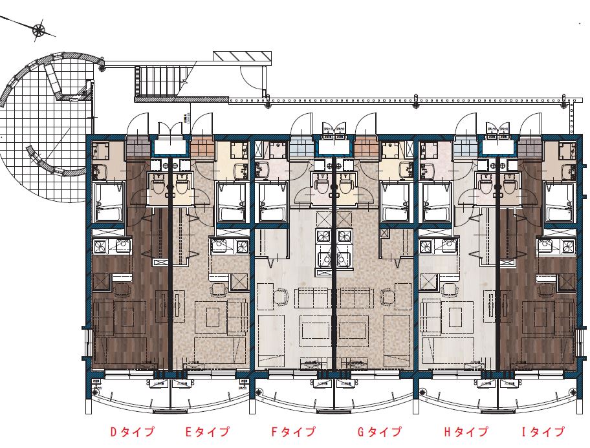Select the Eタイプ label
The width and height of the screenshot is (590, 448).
pos(208,432)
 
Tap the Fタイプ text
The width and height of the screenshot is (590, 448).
pos(293,432)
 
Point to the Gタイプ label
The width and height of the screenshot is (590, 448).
pos(379,432)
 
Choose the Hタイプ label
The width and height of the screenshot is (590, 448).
pos(466,432)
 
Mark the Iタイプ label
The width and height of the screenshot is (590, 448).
pos(543,432)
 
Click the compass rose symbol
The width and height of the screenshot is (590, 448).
pos(39,29)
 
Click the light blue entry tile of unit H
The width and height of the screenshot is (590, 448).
pos(464,147)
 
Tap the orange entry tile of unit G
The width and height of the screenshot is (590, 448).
pos(366,147)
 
